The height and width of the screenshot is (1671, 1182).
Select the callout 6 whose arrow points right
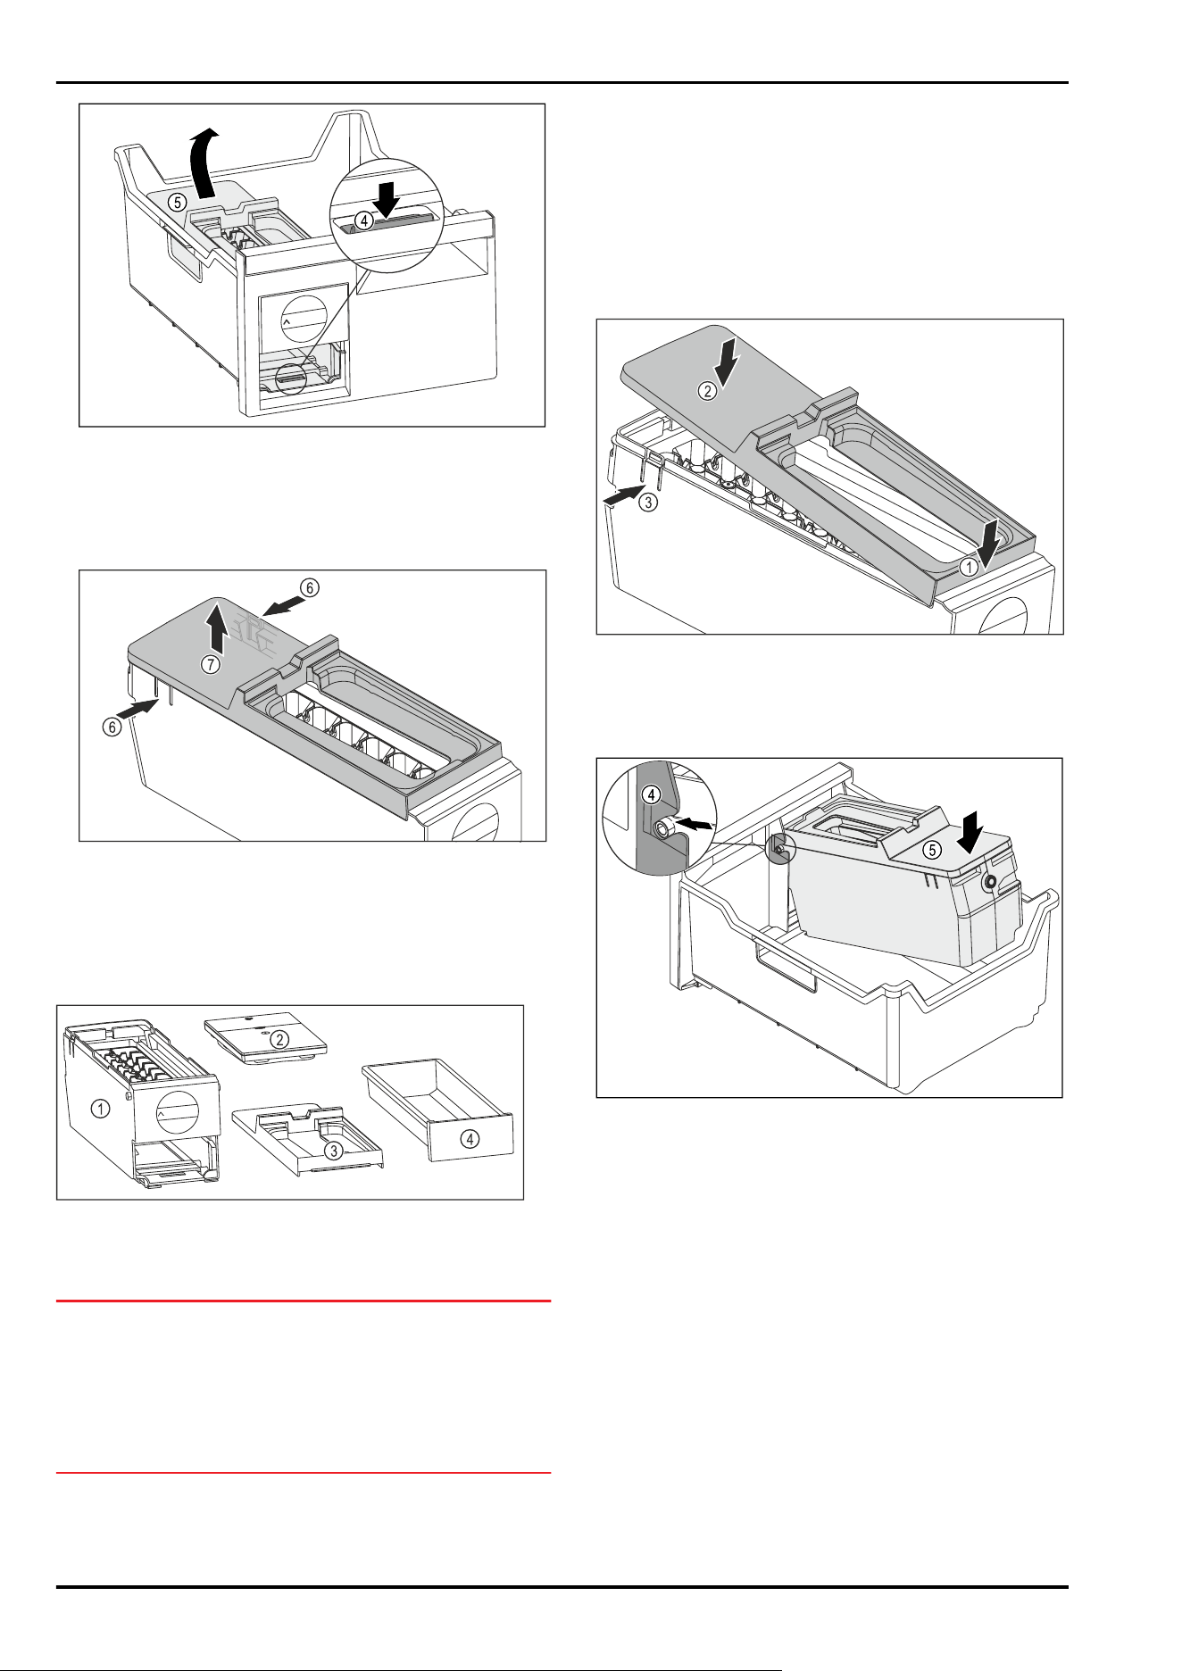coord(112,727)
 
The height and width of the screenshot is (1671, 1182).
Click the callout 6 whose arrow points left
coord(308,587)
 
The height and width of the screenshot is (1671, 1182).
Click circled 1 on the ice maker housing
coord(102,1109)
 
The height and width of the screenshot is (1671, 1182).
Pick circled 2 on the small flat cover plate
coord(279,1039)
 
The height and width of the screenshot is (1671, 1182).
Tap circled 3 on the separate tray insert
coord(333,1151)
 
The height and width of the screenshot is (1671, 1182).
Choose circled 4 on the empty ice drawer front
coord(470,1138)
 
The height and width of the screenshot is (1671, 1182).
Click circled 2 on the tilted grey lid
coord(706,391)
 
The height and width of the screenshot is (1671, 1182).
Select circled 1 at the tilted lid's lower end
coord(967,567)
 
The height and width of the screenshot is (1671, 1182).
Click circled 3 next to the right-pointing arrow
coord(649,502)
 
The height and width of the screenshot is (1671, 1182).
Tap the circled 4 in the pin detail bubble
coord(653,794)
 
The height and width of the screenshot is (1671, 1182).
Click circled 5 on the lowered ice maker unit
coord(932,850)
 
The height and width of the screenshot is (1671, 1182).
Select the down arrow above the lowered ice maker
coord(969,830)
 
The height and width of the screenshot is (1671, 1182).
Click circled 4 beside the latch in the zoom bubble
coord(364,220)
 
